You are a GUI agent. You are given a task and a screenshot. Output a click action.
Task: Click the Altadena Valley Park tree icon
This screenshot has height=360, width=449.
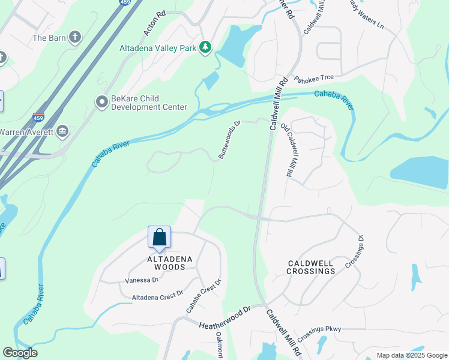point(205,47)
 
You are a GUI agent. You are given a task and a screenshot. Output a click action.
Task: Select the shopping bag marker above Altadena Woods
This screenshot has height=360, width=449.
point(159,238)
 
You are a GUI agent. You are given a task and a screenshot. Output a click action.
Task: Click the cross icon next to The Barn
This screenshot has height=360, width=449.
point(75,38)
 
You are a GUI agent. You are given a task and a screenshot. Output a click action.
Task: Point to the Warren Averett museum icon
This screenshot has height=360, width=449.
point(63,131)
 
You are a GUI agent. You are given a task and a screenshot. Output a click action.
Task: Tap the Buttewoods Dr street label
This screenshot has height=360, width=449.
point(229,140)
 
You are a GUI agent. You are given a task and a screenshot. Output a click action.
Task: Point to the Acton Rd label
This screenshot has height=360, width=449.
point(154,23)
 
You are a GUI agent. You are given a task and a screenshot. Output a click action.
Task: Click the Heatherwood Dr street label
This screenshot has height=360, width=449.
point(224,317)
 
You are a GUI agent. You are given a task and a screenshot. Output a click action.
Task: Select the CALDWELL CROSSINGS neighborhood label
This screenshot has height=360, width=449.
point(311,267)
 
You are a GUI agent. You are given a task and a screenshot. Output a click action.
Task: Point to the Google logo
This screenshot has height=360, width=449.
point(20,353)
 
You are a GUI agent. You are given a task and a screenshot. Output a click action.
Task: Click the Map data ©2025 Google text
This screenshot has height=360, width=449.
point(411,355)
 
